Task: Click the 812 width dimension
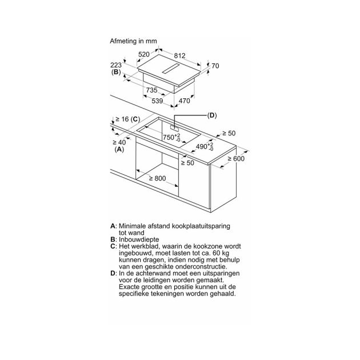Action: click(x=179, y=55)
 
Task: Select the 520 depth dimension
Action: click(x=144, y=54)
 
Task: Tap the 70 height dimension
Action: click(x=215, y=66)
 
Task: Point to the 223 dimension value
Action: click(x=116, y=65)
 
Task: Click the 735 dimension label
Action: click(x=152, y=90)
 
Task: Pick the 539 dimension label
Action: click(x=157, y=101)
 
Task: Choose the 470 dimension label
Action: click(x=185, y=101)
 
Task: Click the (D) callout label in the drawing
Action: click(x=211, y=115)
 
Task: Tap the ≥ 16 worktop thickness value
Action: click(x=122, y=119)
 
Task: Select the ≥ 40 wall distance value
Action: click(x=119, y=142)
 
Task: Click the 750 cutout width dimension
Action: click(x=171, y=137)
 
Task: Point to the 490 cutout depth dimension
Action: click(x=205, y=146)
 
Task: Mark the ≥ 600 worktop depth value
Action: click(x=236, y=159)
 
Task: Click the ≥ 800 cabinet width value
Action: click(x=158, y=178)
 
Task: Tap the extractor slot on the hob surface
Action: click(x=170, y=69)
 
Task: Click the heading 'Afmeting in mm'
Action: click(x=133, y=41)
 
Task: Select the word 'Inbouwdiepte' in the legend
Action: click(x=139, y=239)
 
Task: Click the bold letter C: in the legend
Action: click(x=113, y=246)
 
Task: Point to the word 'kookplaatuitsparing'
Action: click(x=201, y=226)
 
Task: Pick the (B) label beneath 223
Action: click(x=116, y=72)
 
